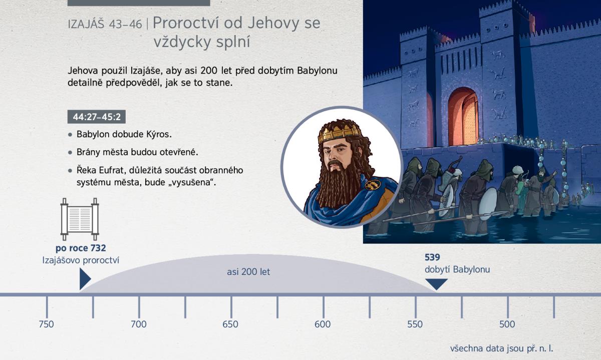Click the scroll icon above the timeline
tap(80, 219)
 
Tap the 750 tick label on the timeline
tap(46, 324)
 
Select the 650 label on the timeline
tap(230, 324)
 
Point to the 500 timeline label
tap(507, 324)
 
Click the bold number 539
tap(432, 257)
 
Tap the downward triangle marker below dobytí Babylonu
tap(437, 284)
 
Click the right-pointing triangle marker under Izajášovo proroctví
tap(85, 279)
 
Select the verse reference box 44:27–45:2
tap(97, 117)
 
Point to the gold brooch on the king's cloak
tap(373, 184)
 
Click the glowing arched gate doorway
tap(463, 117)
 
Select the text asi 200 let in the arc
tap(248, 272)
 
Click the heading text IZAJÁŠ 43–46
tap(105, 25)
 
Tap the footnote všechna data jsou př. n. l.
tap(501, 348)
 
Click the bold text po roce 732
tap(81, 248)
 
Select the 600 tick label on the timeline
tap(323, 324)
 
